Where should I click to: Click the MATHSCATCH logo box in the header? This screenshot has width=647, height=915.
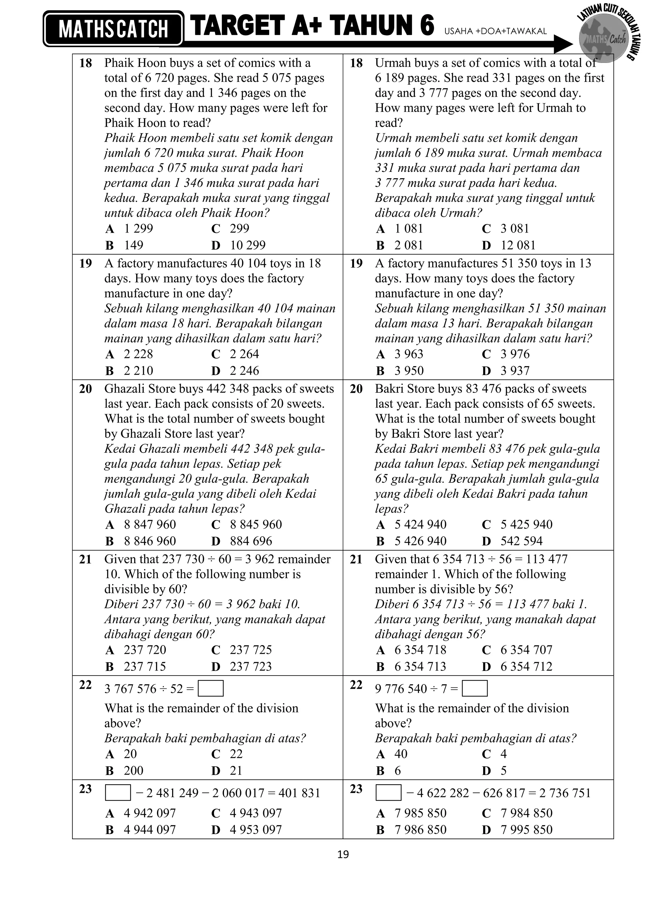(113, 29)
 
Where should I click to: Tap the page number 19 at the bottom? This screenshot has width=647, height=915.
(343, 854)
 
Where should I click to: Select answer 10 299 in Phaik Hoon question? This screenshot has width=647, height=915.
(247, 245)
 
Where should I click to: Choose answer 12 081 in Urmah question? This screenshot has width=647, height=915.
(518, 245)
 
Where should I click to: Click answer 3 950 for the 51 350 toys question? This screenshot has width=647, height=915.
(409, 371)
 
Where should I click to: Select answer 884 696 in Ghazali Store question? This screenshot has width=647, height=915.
(251, 541)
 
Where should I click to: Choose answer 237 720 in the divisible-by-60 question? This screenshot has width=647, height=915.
(145, 650)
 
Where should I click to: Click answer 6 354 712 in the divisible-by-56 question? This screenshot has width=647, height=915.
(526, 666)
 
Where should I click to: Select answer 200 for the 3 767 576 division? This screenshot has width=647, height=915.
(133, 770)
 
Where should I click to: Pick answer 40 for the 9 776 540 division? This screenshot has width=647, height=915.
(401, 754)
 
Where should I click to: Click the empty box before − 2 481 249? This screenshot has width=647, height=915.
(118, 793)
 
